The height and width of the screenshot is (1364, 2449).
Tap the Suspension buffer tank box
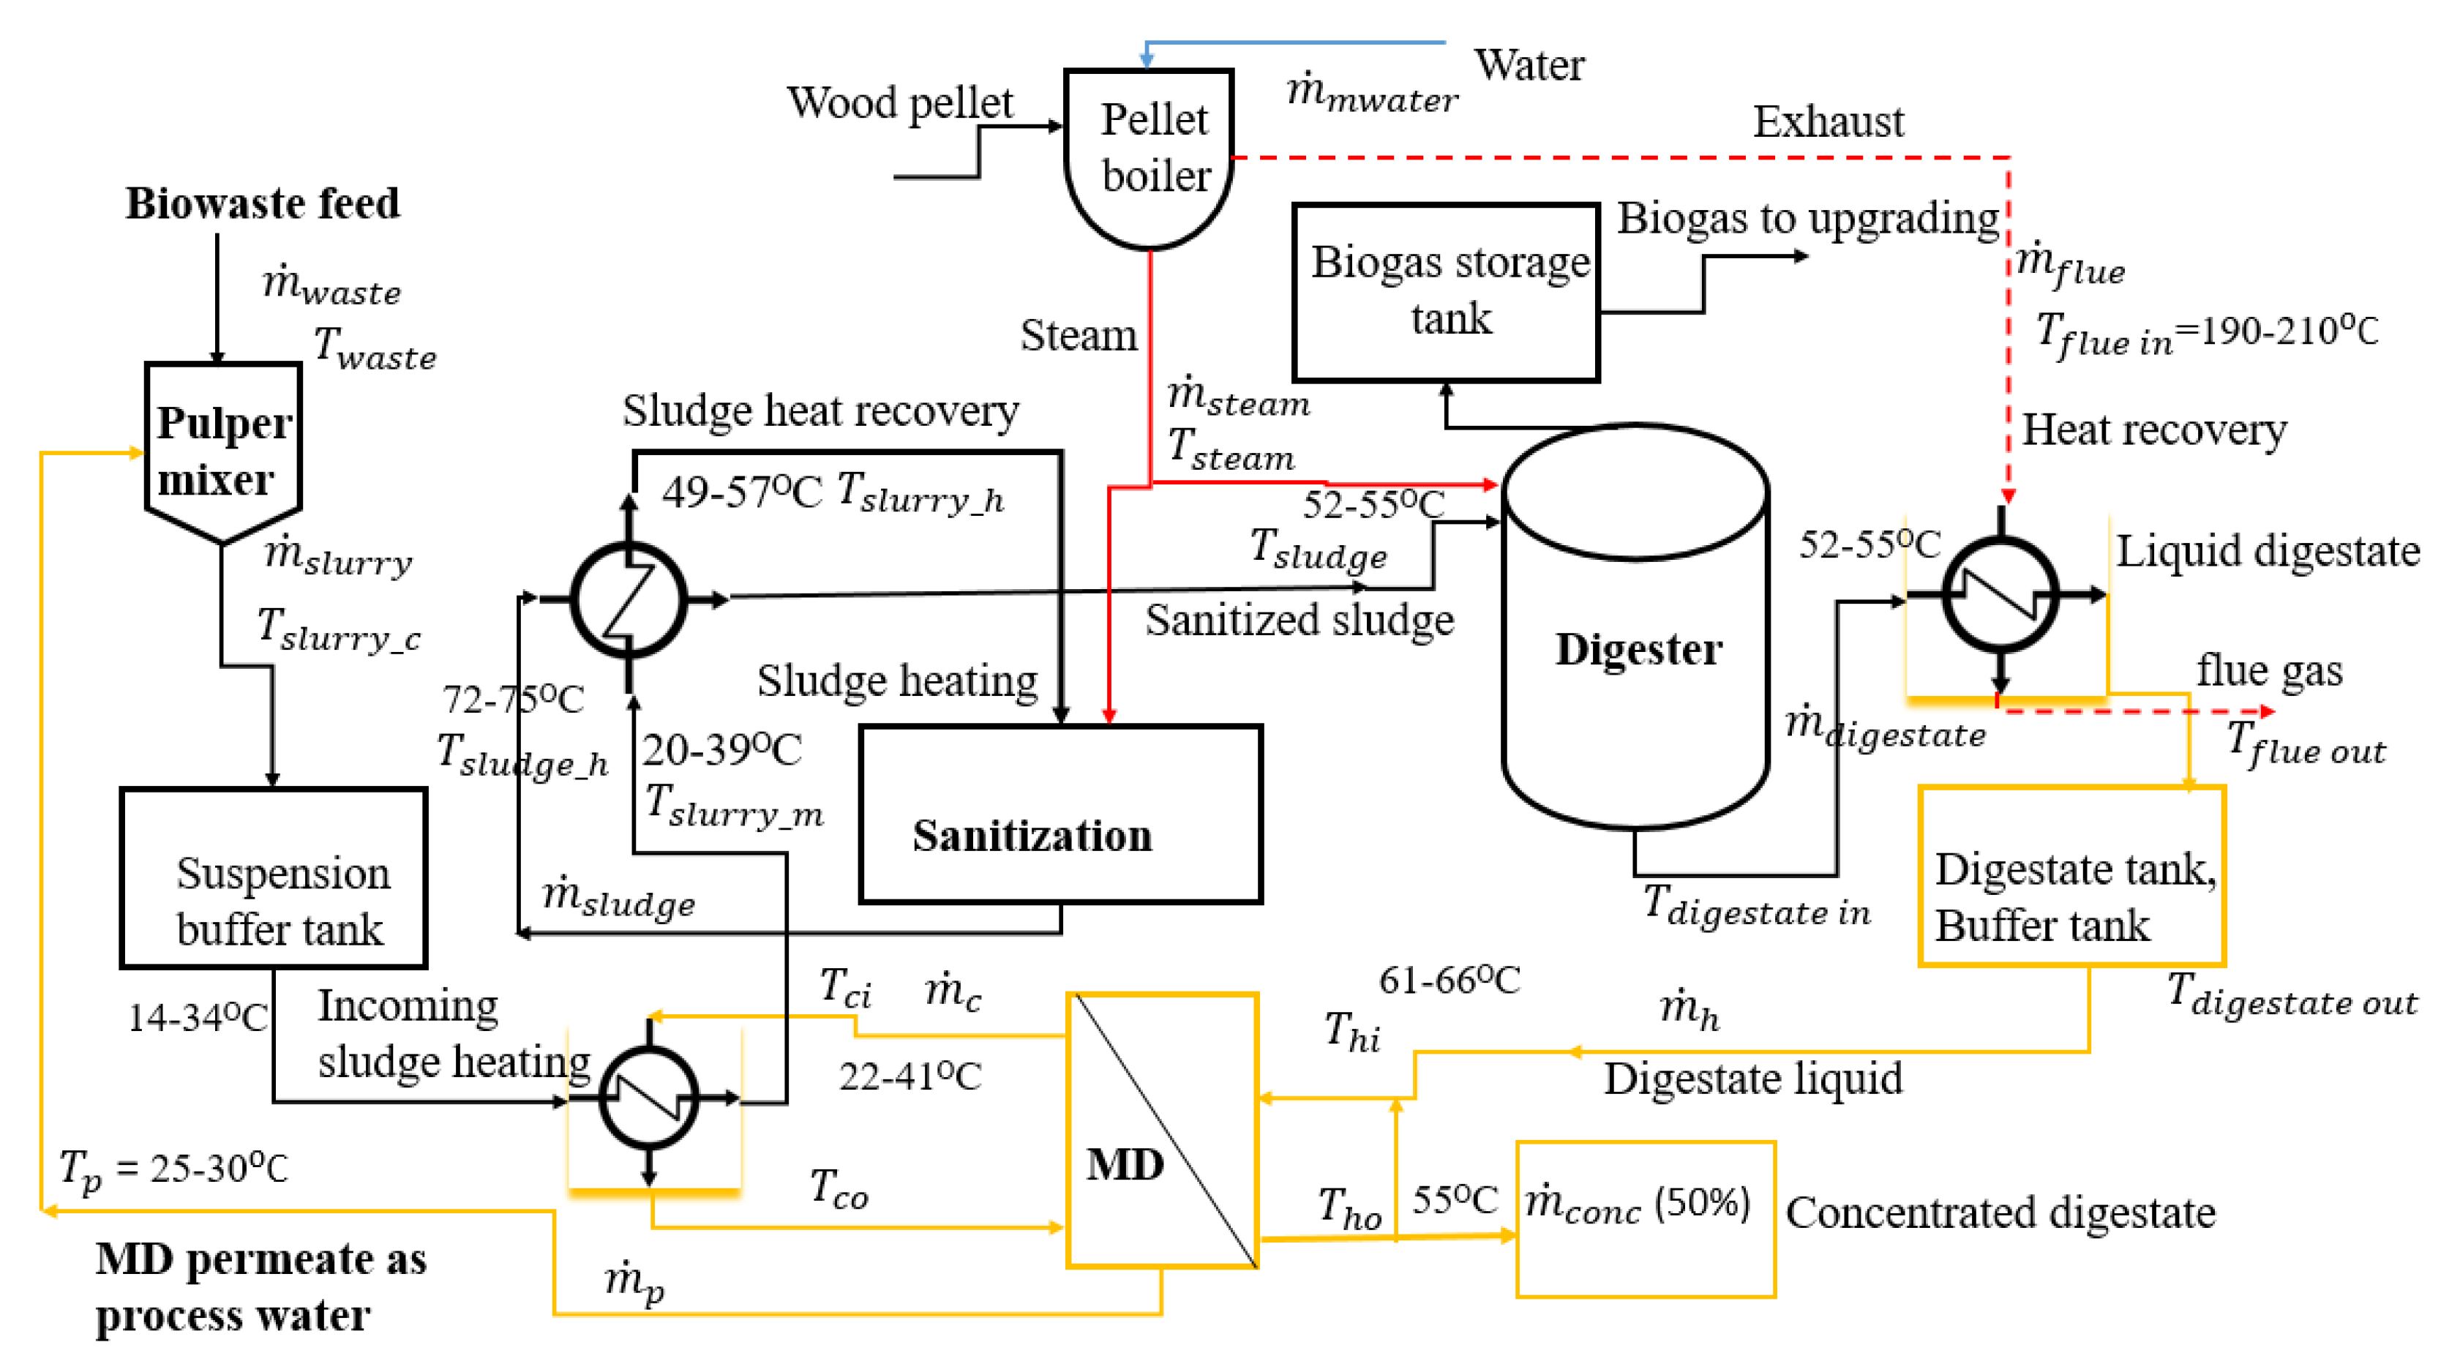click(x=274, y=877)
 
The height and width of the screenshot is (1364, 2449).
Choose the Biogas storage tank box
click(x=1446, y=292)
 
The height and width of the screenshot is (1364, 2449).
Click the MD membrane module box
click(x=1162, y=1131)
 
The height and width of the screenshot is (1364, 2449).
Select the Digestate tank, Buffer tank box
click(x=2071, y=875)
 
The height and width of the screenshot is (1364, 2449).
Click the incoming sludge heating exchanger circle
click(x=649, y=1098)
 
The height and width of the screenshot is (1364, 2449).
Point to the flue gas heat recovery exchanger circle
click(x=2001, y=595)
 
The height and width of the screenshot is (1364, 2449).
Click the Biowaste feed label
click(x=263, y=203)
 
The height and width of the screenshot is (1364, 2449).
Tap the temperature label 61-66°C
click(x=1449, y=980)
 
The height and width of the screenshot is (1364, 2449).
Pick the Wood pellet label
click(x=899, y=102)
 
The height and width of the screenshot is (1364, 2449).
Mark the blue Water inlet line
click(x=1293, y=42)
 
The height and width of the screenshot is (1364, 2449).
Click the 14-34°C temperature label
click(x=198, y=1017)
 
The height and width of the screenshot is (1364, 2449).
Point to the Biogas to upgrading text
click(x=1807, y=219)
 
